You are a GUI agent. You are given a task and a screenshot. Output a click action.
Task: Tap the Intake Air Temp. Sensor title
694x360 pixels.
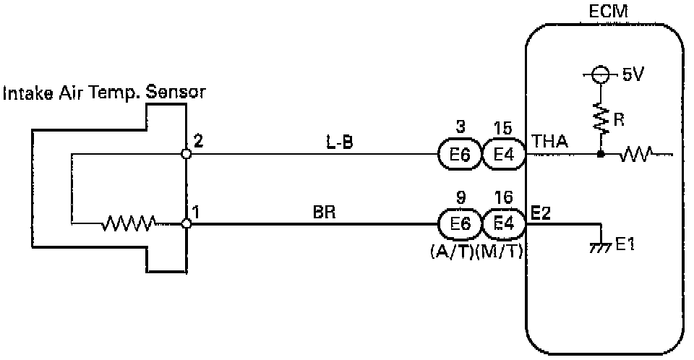[x=105, y=93]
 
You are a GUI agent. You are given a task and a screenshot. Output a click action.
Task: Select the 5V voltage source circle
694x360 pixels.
[x=599, y=74]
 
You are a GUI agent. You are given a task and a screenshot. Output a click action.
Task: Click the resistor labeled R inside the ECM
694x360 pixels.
[x=599, y=117]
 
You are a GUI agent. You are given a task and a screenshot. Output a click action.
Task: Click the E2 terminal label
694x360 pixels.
[x=540, y=213]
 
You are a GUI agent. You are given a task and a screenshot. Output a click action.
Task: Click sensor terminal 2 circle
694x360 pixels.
[x=187, y=154]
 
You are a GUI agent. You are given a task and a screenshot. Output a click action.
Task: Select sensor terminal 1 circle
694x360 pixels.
[x=187, y=224]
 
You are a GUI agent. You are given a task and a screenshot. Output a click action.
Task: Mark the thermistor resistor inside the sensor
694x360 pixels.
[x=129, y=224]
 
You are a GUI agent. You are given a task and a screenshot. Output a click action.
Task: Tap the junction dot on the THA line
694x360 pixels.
[x=599, y=154]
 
